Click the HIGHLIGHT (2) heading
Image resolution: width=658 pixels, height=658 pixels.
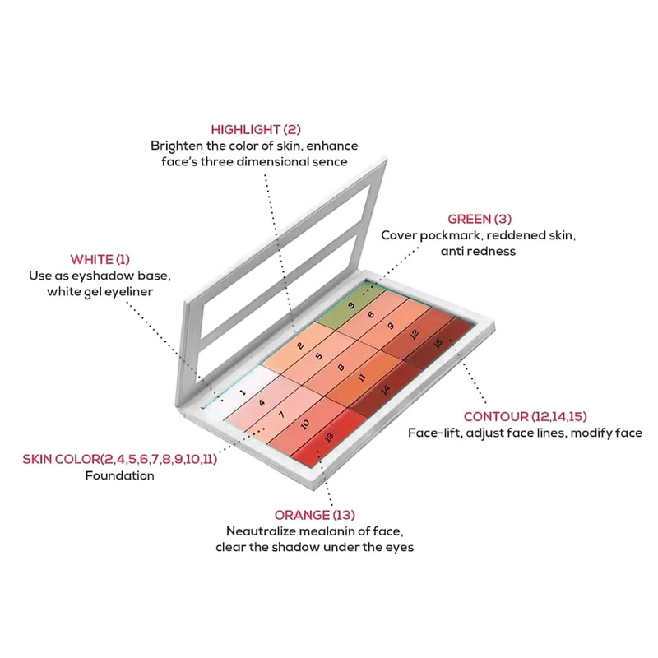(256, 130)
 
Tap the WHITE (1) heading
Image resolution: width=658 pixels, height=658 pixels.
(100, 260)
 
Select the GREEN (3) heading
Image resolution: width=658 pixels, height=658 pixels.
(480, 219)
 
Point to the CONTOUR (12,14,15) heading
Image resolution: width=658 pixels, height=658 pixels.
(525, 417)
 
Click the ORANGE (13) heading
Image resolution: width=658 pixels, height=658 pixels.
(315, 515)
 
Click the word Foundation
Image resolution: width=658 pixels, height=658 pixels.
(119, 476)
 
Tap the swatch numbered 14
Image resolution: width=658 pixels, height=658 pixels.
(385, 389)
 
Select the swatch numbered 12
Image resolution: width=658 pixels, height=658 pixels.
(415, 335)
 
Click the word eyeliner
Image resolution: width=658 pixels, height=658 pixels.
(128, 292)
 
